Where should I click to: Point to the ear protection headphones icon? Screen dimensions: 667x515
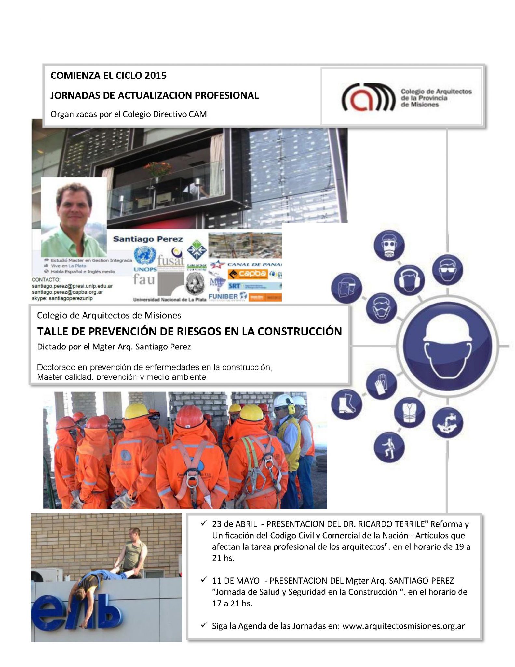pos(409,280)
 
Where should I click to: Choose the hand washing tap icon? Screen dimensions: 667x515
pos(448,422)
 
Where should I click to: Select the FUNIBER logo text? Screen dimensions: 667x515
pos(223,296)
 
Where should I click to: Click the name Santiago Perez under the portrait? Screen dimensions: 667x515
pos(148,239)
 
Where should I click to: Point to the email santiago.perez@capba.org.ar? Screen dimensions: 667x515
pos(67,292)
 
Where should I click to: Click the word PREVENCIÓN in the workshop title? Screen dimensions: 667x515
pos(131,331)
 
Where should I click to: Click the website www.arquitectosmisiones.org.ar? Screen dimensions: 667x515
pos(403,626)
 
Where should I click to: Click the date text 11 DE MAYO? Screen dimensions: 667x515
pos(236,580)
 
